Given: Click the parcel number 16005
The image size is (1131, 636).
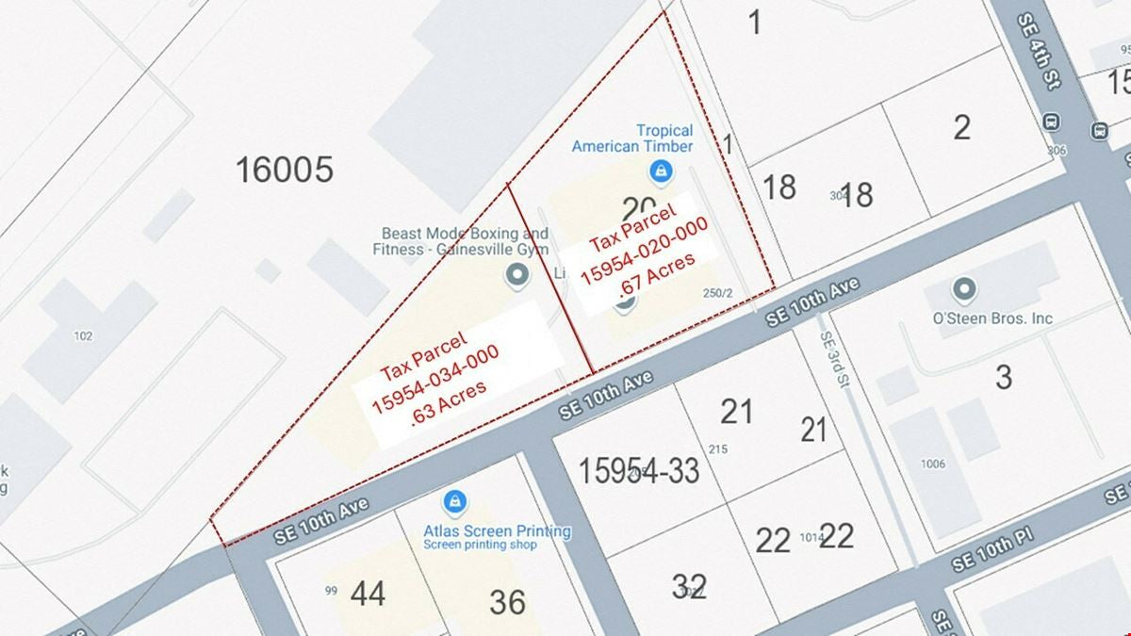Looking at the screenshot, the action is (284, 171).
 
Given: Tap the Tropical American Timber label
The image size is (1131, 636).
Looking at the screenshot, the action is (632, 139).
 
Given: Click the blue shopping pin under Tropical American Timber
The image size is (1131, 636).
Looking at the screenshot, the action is (661, 171).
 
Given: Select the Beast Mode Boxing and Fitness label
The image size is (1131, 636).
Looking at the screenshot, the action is (465, 241).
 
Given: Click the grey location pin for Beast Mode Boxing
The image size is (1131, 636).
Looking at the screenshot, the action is (516, 275).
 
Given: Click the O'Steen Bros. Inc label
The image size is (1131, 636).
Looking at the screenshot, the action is (992, 318).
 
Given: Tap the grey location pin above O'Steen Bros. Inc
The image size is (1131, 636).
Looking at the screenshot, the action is (963, 288).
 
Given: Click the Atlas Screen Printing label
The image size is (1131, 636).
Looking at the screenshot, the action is (497, 530).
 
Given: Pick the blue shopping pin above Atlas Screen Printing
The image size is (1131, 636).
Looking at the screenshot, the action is (455, 499).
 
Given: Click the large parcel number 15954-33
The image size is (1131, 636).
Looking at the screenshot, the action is (639, 470).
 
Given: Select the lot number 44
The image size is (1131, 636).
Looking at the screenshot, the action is (368, 594).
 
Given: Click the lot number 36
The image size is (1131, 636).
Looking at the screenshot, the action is (507, 602).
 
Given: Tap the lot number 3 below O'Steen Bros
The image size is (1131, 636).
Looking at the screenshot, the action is (1003, 377).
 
